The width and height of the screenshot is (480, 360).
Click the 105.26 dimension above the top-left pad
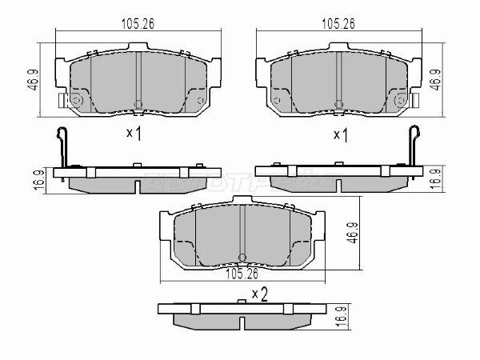click(138, 24)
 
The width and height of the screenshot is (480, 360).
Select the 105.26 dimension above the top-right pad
click(338, 24)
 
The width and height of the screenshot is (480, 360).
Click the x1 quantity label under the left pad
click(134, 135)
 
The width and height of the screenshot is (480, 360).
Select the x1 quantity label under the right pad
click(339, 135)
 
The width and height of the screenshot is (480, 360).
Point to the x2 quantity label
click(258, 294)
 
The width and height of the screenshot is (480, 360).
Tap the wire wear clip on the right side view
click(414, 148)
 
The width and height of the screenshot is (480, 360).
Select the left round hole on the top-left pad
click(77, 101)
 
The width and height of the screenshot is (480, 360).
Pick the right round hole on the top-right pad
click(400, 101)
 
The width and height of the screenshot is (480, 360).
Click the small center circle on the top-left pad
click(138, 102)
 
